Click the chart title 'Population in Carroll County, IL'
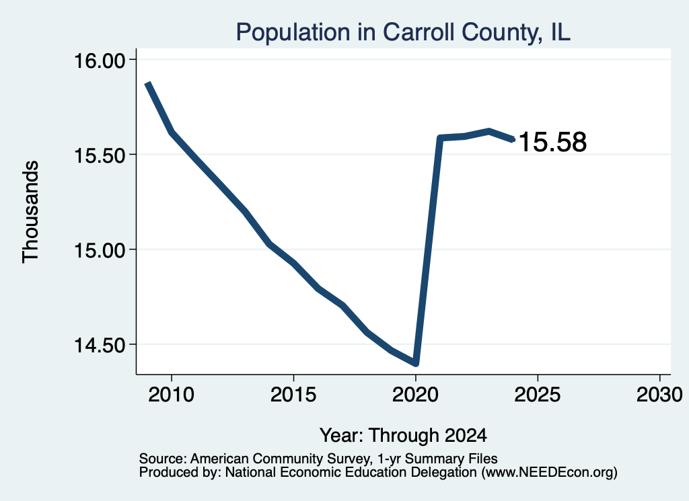pos(403,32)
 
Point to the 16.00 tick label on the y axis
pos(100,60)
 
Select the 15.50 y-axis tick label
pos(100,155)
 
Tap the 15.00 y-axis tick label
pos(100,250)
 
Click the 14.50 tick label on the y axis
pos(100,345)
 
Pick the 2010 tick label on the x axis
pos(172,395)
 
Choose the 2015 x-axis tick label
pos(293,395)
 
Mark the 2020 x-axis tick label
pos(415,395)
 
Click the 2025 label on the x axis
pos(538,395)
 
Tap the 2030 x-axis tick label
pos(659,395)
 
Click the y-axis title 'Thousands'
pos(31,212)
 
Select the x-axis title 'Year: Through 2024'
pos(403,436)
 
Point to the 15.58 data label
pos(553,143)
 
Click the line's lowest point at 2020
pos(415,363)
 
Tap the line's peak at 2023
pos(488,131)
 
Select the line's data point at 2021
pos(440,139)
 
